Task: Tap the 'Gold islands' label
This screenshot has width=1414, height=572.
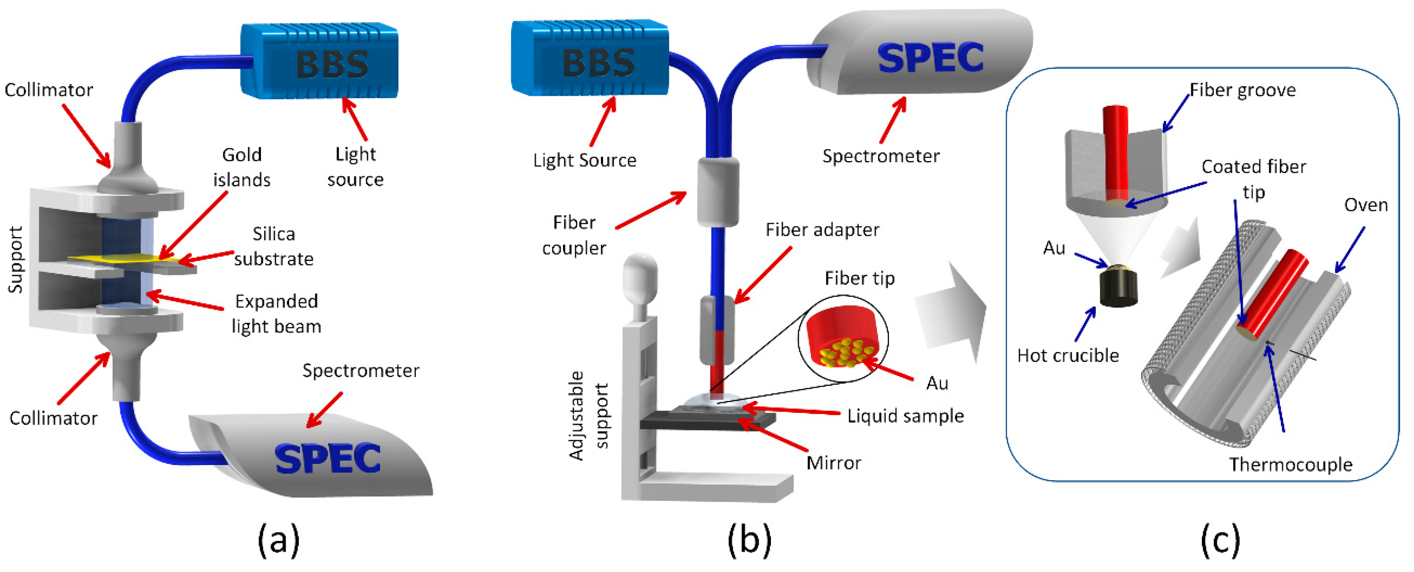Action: pyautogui.click(x=241, y=167)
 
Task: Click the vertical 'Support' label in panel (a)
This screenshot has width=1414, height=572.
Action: pyautogui.click(x=15, y=259)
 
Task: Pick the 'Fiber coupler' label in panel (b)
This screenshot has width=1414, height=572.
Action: pyautogui.click(x=574, y=235)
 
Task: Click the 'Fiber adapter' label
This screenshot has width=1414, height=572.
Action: pyautogui.click(x=822, y=230)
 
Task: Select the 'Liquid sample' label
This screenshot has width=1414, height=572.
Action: pyautogui.click(x=905, y=416)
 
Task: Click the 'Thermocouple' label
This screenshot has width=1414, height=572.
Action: pyautogui.click(x=1290, y=465)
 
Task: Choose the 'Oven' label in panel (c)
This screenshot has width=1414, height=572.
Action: pyautogui.click(x=1365, y=205)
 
